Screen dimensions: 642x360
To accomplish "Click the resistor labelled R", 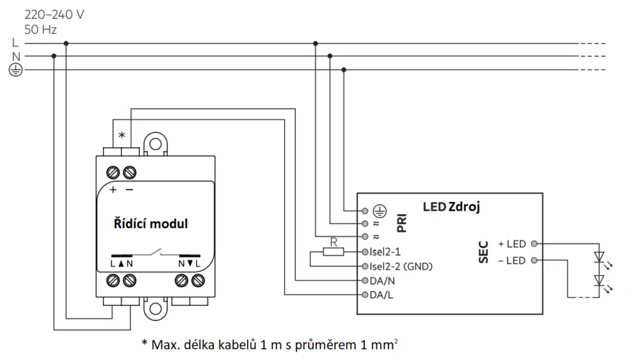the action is tap(334, 252).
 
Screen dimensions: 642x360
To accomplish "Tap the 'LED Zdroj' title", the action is tap(451, 207).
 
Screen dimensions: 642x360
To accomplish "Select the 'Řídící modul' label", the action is tap(150, 224).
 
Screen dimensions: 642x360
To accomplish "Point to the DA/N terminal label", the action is tap(382, 281).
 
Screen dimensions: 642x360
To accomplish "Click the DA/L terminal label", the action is tap(381, 295).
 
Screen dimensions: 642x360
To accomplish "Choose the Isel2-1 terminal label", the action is tap(385, 252).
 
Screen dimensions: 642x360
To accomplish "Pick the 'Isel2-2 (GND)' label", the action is tap(401, 267).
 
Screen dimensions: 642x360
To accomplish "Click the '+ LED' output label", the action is tap(512, 244).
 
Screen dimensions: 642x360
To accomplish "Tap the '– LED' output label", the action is tap(512, 260).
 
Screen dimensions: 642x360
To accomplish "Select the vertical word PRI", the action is tap(402, 223).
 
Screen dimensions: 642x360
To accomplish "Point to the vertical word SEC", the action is tap(483, 252).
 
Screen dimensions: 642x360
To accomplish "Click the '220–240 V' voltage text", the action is tap(54, 15).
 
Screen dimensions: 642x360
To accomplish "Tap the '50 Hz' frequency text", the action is tap(41, 29).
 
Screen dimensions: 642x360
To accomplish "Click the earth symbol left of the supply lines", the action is tap(16, 70).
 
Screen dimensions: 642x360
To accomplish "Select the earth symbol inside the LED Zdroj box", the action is tap(380, 211).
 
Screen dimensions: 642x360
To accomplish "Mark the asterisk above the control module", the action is tap(122, 135).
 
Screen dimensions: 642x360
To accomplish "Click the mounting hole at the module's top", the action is tap(155, 144).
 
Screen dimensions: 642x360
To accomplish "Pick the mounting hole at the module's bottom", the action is tap(155, 309).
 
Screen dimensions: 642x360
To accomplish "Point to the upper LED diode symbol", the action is tap(599, 257).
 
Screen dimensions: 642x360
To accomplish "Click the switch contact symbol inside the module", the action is tap(155, 253).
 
